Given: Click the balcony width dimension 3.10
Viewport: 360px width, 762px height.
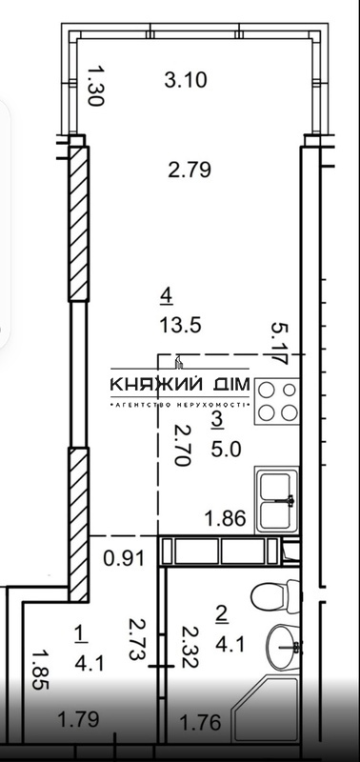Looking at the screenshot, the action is (x=186, y=80).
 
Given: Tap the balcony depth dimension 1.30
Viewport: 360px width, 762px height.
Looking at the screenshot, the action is (x=95, y=86).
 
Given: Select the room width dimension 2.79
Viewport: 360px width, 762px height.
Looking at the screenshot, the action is (x=190, y=170).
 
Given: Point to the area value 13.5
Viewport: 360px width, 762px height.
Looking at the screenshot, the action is (x=180, y=325).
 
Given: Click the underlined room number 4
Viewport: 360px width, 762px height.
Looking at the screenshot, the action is (x=167, y=296).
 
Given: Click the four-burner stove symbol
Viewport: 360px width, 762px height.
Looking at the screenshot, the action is (x=277, y=401).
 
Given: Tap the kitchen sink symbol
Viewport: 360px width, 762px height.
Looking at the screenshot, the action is (x=276, y=499).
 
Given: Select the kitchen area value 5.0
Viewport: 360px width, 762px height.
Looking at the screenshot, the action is (x=226, y=450).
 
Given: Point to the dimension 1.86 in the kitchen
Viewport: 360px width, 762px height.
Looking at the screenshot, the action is (x=225, y=518).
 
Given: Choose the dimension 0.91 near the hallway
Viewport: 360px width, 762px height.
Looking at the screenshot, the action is (x=124, y=558).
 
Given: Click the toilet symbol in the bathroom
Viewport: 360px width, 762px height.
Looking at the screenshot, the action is (x=275, y=596).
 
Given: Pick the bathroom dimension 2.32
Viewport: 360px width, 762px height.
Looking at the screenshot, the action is (x=190, y=647).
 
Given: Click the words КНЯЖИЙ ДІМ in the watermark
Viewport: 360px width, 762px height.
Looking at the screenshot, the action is (x=180, y=385).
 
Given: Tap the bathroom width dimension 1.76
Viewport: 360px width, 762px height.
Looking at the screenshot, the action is (x=200, y=722).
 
